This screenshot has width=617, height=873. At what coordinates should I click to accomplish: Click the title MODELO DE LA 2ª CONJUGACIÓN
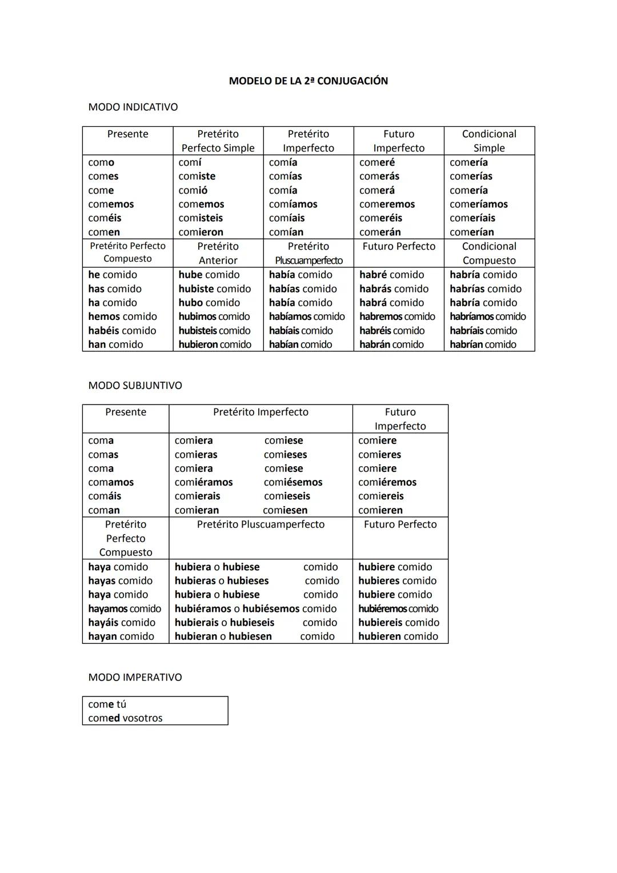[x=308, y=81]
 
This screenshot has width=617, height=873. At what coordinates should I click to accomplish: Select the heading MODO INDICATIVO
[x=133, y=107]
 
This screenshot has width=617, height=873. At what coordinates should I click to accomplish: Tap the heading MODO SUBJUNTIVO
[x=135, y=386]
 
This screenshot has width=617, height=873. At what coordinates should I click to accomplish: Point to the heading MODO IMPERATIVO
[x=135, y=678]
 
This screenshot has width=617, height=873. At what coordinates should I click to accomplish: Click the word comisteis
[x=201, y=218]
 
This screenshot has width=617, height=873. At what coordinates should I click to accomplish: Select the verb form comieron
[x=201, y=232]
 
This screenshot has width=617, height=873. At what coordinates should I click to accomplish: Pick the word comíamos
[x=293, y=205]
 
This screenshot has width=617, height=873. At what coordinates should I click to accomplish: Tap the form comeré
[x=376, y=163]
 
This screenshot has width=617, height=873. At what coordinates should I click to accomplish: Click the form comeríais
[x=472, y=218]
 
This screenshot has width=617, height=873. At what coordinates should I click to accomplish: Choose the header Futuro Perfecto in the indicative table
[x=399, y=247]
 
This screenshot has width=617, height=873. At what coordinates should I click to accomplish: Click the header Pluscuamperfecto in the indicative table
[x=308, y=261]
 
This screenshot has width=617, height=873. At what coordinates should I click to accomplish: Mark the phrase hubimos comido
[x=214, y=317]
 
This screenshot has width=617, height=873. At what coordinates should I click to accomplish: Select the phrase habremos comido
[x=397, y=317]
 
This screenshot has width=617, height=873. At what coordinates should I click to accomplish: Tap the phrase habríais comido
[x=483, y=331]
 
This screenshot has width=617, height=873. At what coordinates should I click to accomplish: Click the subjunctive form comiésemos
[x=293, y=482]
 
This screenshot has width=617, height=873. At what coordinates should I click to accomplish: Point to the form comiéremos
[x=387, y=482]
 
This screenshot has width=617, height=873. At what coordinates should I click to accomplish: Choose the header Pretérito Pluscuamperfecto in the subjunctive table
[x=261, y=524]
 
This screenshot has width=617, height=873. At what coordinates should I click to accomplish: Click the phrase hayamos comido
[x=125, y=609]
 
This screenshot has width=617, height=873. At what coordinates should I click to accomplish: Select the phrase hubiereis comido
[x=399, y=623]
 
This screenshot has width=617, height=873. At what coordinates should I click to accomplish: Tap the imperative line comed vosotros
[x=125, y=718]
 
